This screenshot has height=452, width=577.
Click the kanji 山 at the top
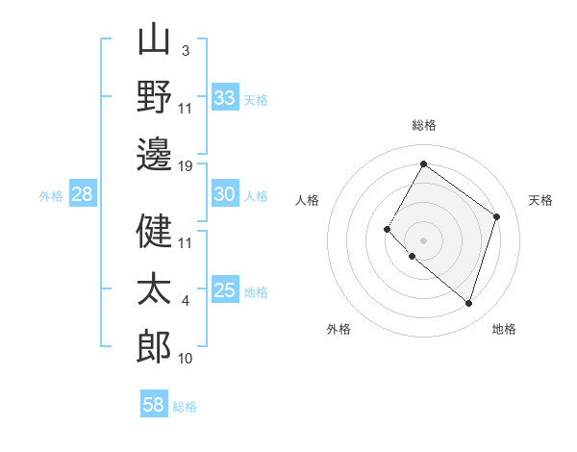point(155,41)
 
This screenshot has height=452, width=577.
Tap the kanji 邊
point(155,154)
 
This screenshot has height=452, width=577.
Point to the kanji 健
point(155,230)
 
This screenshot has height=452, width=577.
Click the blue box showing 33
point(225,98)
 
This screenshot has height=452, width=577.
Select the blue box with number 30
point(225,195)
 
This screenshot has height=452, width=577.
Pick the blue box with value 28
point(83,195)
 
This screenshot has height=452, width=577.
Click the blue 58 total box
point(154,405)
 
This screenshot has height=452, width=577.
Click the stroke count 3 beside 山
point(185,51)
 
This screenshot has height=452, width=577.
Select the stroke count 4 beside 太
point(185,301)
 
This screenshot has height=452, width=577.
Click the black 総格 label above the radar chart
point(424,125)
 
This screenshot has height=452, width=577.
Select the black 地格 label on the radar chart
point(504,330)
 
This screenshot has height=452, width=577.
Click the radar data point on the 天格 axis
point(497,216)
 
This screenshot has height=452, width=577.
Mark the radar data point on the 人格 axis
point(388,229)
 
